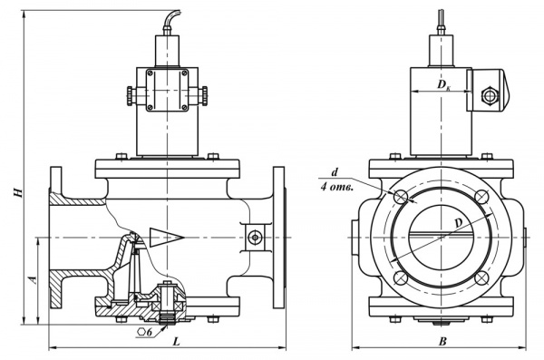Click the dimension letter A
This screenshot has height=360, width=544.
tap(33, 280)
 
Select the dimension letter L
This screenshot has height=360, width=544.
tap(177, 342)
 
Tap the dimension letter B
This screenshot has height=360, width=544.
tap(442, 342)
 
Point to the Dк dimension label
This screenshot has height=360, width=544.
tap(443, 84)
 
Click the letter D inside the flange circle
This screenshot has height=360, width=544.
tap(459, 223)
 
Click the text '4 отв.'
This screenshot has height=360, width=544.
tap(336, 188)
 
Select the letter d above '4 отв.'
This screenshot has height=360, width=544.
tap(334, 173)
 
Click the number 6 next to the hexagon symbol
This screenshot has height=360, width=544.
tap(150, 332)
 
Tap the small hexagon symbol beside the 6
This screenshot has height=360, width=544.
tap(141, 332)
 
